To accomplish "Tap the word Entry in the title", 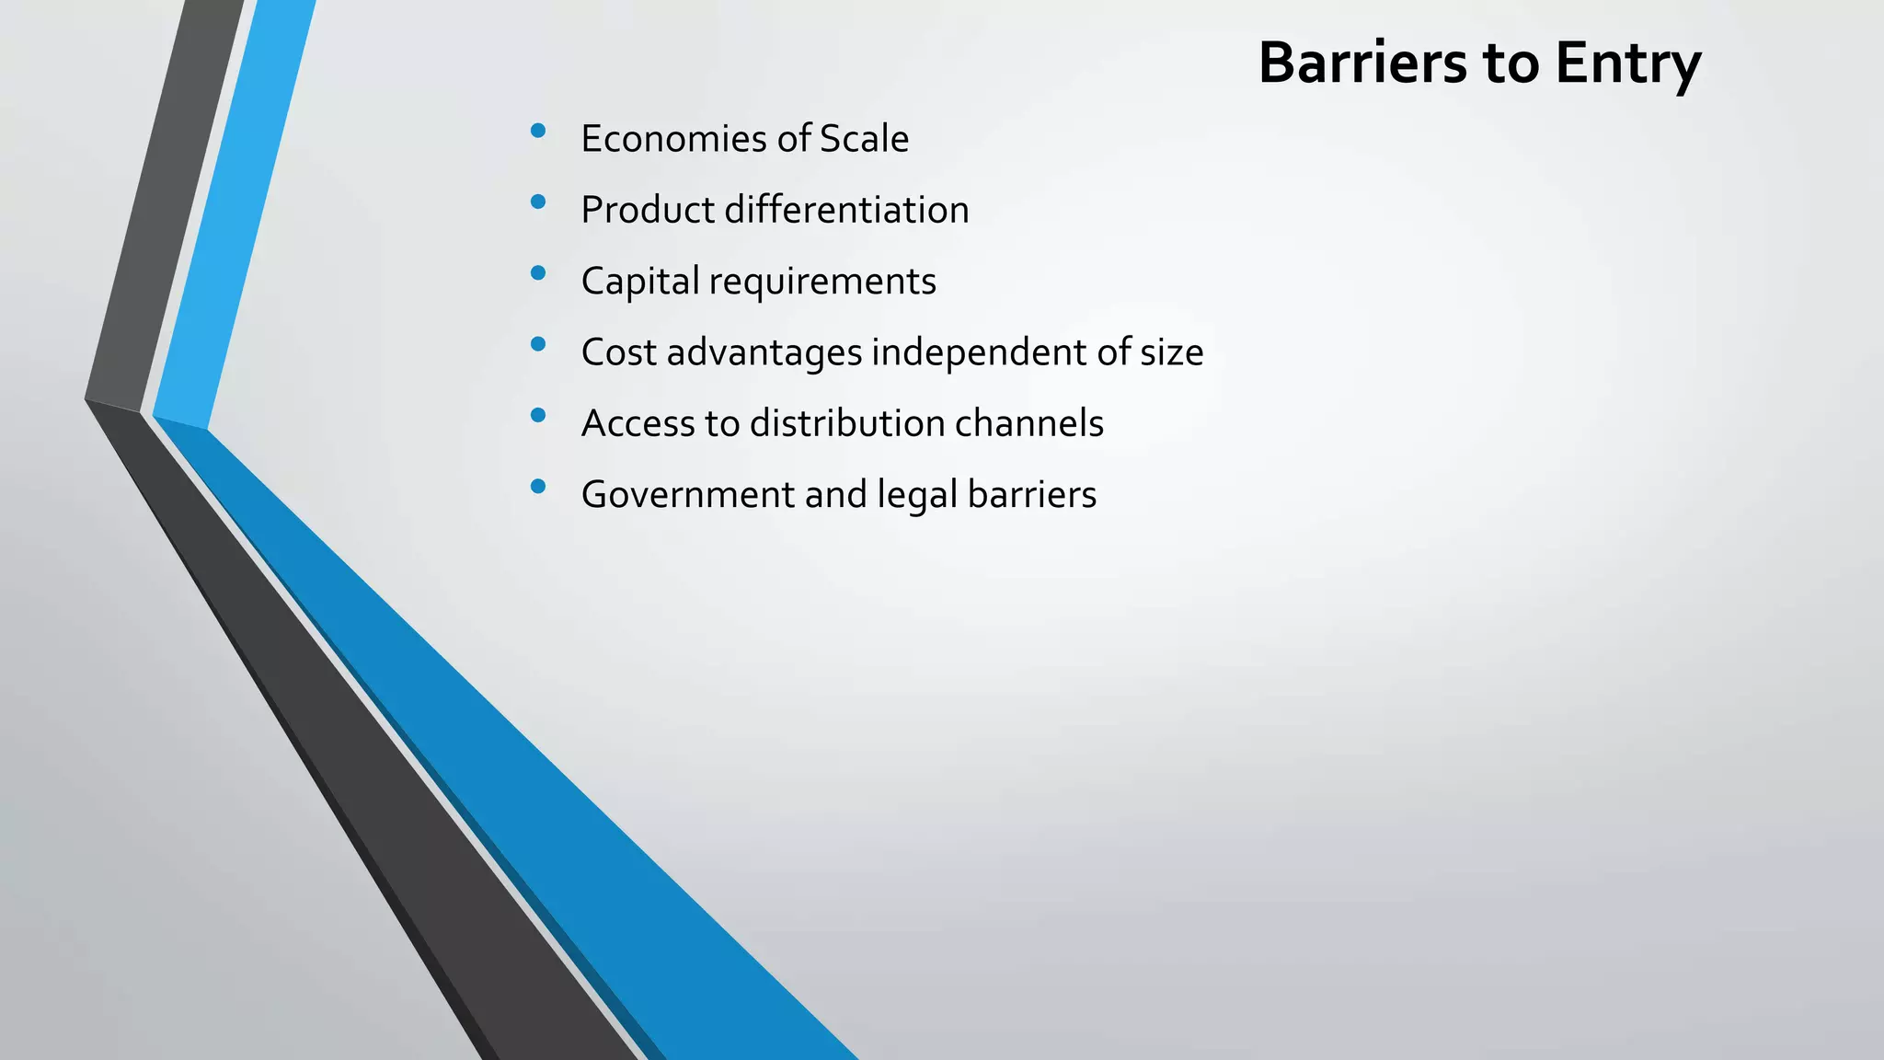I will (1627, 64).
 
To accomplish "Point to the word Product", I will (648, 210).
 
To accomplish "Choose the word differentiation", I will (846, 210).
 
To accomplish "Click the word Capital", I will (640, 282).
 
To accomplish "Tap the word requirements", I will (822, 282).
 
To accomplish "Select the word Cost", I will (618, 352).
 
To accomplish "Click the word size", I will (1171, 352).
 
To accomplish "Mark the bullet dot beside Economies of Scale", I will (538, 131).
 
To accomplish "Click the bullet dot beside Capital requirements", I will (538, 272).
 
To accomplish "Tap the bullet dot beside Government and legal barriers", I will (538, 486).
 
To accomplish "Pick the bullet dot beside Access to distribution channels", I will (538, 415).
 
